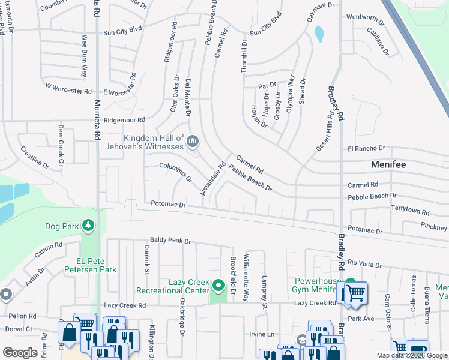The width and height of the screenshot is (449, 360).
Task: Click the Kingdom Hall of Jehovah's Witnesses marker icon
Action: (x=193, y=142)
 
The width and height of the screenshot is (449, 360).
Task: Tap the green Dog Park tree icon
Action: (x=88, y=226)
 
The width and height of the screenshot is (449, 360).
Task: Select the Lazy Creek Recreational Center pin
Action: (x=218, y=285)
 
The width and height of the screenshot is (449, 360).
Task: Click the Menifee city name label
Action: (x=388, y=164)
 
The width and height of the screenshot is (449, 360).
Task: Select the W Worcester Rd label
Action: (x=68, y=88)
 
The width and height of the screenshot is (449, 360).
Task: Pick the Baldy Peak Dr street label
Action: (x=170, y=241)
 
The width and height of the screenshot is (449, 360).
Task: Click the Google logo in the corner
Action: (x=20, y=353)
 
